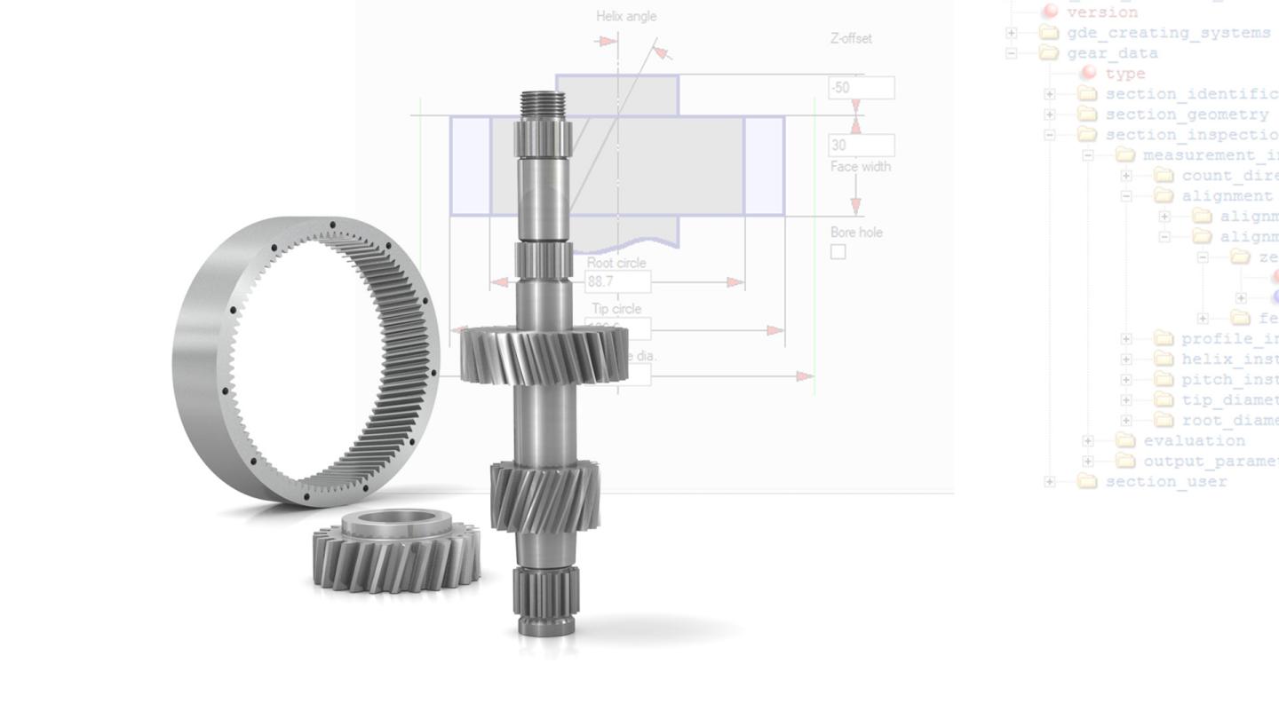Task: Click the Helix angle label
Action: pos(626,16)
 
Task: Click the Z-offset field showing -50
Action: pos(861,88)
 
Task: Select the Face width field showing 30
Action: pos(861,145)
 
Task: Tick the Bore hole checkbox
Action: pos(838,252)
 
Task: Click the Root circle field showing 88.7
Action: pos(617,282)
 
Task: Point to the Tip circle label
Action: pos(616,309)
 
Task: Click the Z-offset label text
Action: pos(850,38)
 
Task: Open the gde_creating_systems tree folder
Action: pos(1168,33)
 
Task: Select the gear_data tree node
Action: pos(1112,53)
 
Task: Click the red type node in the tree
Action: pos(1124,74)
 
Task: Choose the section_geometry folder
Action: pos(1186,115)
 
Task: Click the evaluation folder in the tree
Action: pos(1193,441)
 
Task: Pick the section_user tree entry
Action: pos(1165,482)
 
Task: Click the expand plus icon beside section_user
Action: pos(1050,482)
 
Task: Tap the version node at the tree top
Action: pos(1101,12)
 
